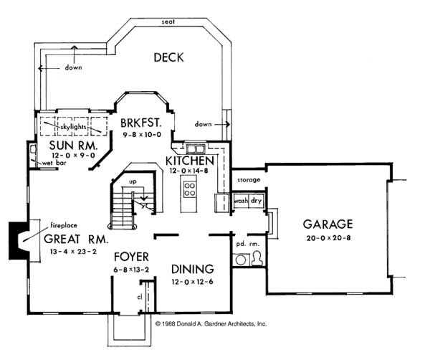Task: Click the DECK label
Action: tap(168, 57)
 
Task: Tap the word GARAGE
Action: tap(328, 224)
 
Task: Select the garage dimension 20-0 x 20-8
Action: tap(328, 238)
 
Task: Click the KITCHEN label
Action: tap(189, 161)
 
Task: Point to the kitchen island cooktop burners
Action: tap(190, 189)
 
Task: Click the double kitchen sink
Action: tap(196, 149)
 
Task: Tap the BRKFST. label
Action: tap(141, 123)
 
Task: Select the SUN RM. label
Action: tap(72, 145)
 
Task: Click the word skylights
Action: tap(73, 127)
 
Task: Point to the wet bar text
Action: tap(54, 163)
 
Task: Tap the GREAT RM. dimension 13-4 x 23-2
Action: tap(73, 251)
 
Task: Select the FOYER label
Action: tap(131, 257)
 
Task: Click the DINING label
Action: tap(193, 269)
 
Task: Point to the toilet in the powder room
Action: tap(257, 258)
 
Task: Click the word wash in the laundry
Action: tap(241, 201)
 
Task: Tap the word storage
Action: tap(249, 180)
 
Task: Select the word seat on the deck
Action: tap(168, 22)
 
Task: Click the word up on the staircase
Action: tap(133, 181)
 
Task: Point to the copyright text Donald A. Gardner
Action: tap(211, 323)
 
